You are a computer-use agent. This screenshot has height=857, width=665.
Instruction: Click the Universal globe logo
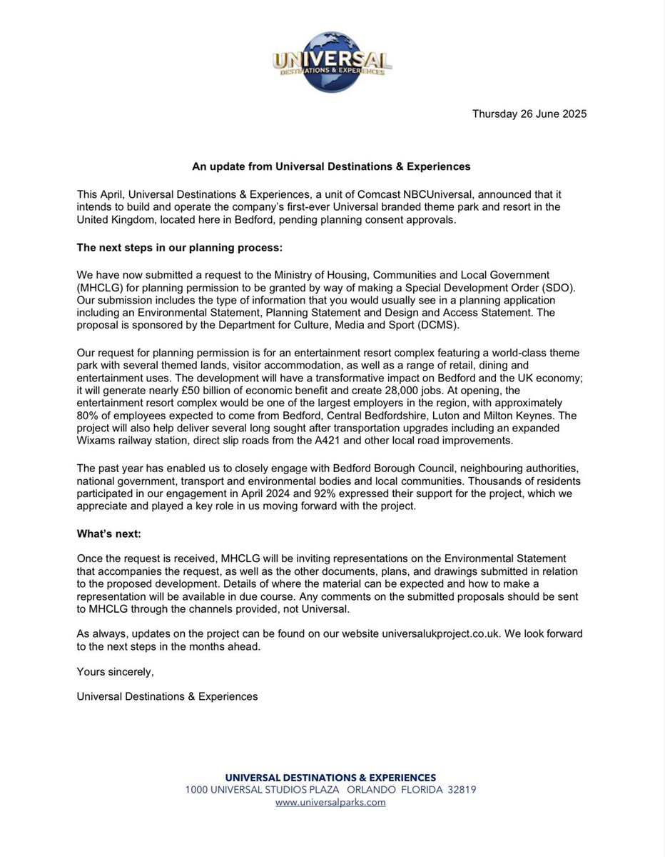[x=332, y=59]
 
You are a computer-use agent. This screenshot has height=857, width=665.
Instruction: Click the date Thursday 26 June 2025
[x=529, y=114]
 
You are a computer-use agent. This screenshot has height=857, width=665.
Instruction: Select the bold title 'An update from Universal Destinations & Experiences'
[x=331, y=166]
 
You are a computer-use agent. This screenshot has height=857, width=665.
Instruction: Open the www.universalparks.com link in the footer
[x=330, y=802]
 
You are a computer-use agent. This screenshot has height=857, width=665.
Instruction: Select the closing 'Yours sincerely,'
[x=115, y=671]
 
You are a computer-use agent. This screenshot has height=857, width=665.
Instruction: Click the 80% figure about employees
[x=88, y=415]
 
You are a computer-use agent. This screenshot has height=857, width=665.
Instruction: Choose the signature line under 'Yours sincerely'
[x=167, y=696]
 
